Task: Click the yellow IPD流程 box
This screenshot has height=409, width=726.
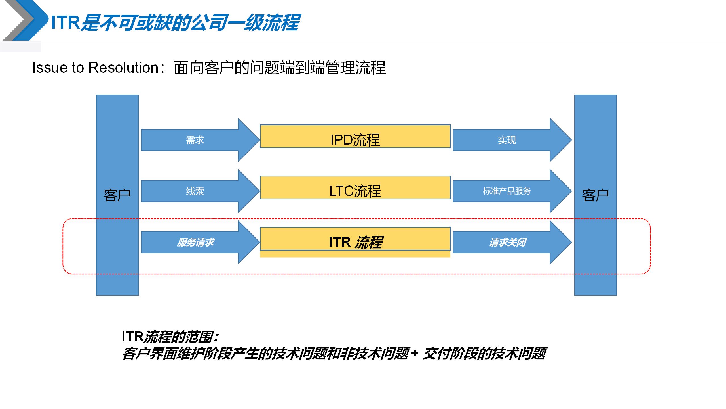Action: point(355,137)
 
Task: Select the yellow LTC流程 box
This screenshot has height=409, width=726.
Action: point(355,188)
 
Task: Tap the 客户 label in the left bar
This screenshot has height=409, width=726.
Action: point(117,195)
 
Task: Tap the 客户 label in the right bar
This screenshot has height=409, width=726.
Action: point(596,195)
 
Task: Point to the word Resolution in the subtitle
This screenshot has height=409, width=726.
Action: point(123,68)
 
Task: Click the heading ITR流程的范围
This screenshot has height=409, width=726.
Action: point(170,337)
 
